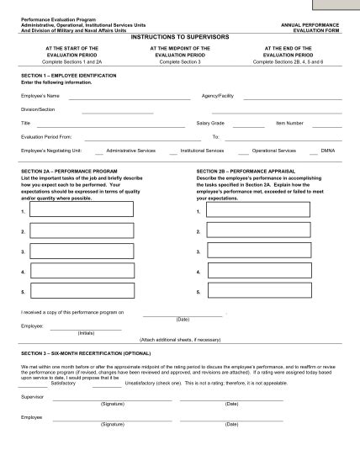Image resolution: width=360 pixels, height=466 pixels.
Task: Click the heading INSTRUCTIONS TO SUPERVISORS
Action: point(179,37)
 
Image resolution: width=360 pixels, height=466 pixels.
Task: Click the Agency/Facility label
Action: point(217,96)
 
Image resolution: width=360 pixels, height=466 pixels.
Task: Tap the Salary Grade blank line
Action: point(249,124)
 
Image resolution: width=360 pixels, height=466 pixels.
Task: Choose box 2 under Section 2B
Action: point(235,230)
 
